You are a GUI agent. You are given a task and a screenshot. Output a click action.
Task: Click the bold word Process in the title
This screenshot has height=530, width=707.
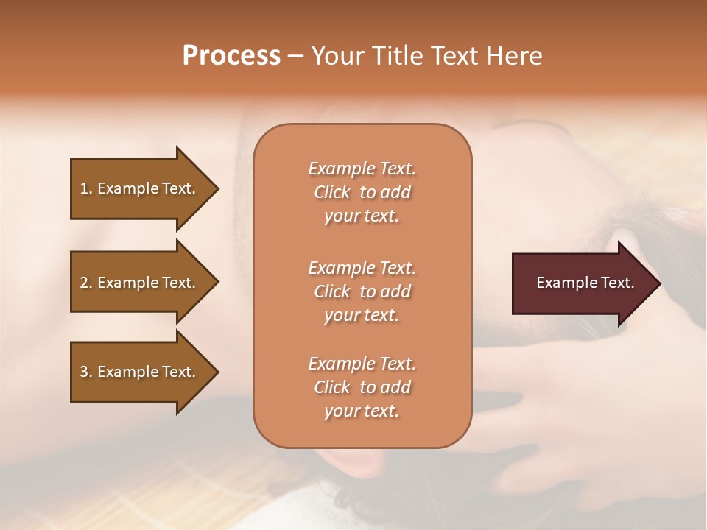[231, 56]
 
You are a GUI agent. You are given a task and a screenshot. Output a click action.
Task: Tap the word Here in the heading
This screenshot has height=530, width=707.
[514, 56]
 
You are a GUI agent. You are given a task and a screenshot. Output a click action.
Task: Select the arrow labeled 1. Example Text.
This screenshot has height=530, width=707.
[140, 188]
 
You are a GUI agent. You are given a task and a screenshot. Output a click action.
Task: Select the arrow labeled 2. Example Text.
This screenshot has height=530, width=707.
[140, 283]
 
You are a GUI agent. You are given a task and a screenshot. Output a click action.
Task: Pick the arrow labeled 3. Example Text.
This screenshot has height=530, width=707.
[140, 372]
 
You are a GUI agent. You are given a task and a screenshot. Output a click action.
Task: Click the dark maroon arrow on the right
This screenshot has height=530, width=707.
[582, 283]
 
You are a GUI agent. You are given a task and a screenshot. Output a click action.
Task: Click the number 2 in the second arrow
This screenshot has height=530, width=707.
[84, 283]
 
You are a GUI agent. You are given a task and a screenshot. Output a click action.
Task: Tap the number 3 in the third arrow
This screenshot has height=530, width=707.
[84, 372]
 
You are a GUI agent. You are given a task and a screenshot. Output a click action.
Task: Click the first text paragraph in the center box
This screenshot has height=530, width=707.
[362, 192]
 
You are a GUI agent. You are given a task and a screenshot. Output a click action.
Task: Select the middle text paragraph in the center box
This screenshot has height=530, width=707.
[362, 291]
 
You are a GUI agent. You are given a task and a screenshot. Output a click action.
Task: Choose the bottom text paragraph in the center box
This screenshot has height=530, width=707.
[362, 387]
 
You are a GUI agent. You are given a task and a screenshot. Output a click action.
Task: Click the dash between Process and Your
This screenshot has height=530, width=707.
[295, 57]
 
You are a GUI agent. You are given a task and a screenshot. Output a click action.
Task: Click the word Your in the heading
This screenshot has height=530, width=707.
[338, 56]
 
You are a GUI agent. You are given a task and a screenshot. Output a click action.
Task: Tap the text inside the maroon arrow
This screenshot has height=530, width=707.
[585, 283]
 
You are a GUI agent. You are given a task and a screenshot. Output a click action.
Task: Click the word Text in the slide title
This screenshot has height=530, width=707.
[454, 56]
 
